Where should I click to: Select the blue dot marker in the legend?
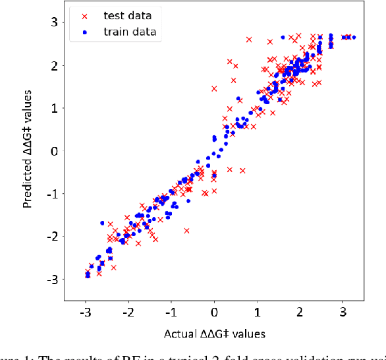[83, 31]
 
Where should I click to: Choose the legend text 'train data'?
[130, 31]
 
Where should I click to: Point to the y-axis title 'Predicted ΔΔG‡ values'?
[27, 151]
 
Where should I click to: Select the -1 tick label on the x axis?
[171, 310]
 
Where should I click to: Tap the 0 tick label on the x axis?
[214, 310]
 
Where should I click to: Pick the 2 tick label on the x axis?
[300, 310]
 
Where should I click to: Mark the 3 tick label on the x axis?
[343, 310]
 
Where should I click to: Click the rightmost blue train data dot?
[354, 38]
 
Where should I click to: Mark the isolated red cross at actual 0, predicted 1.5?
[214, 88]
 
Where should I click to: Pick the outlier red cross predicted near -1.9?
[186, 231]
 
